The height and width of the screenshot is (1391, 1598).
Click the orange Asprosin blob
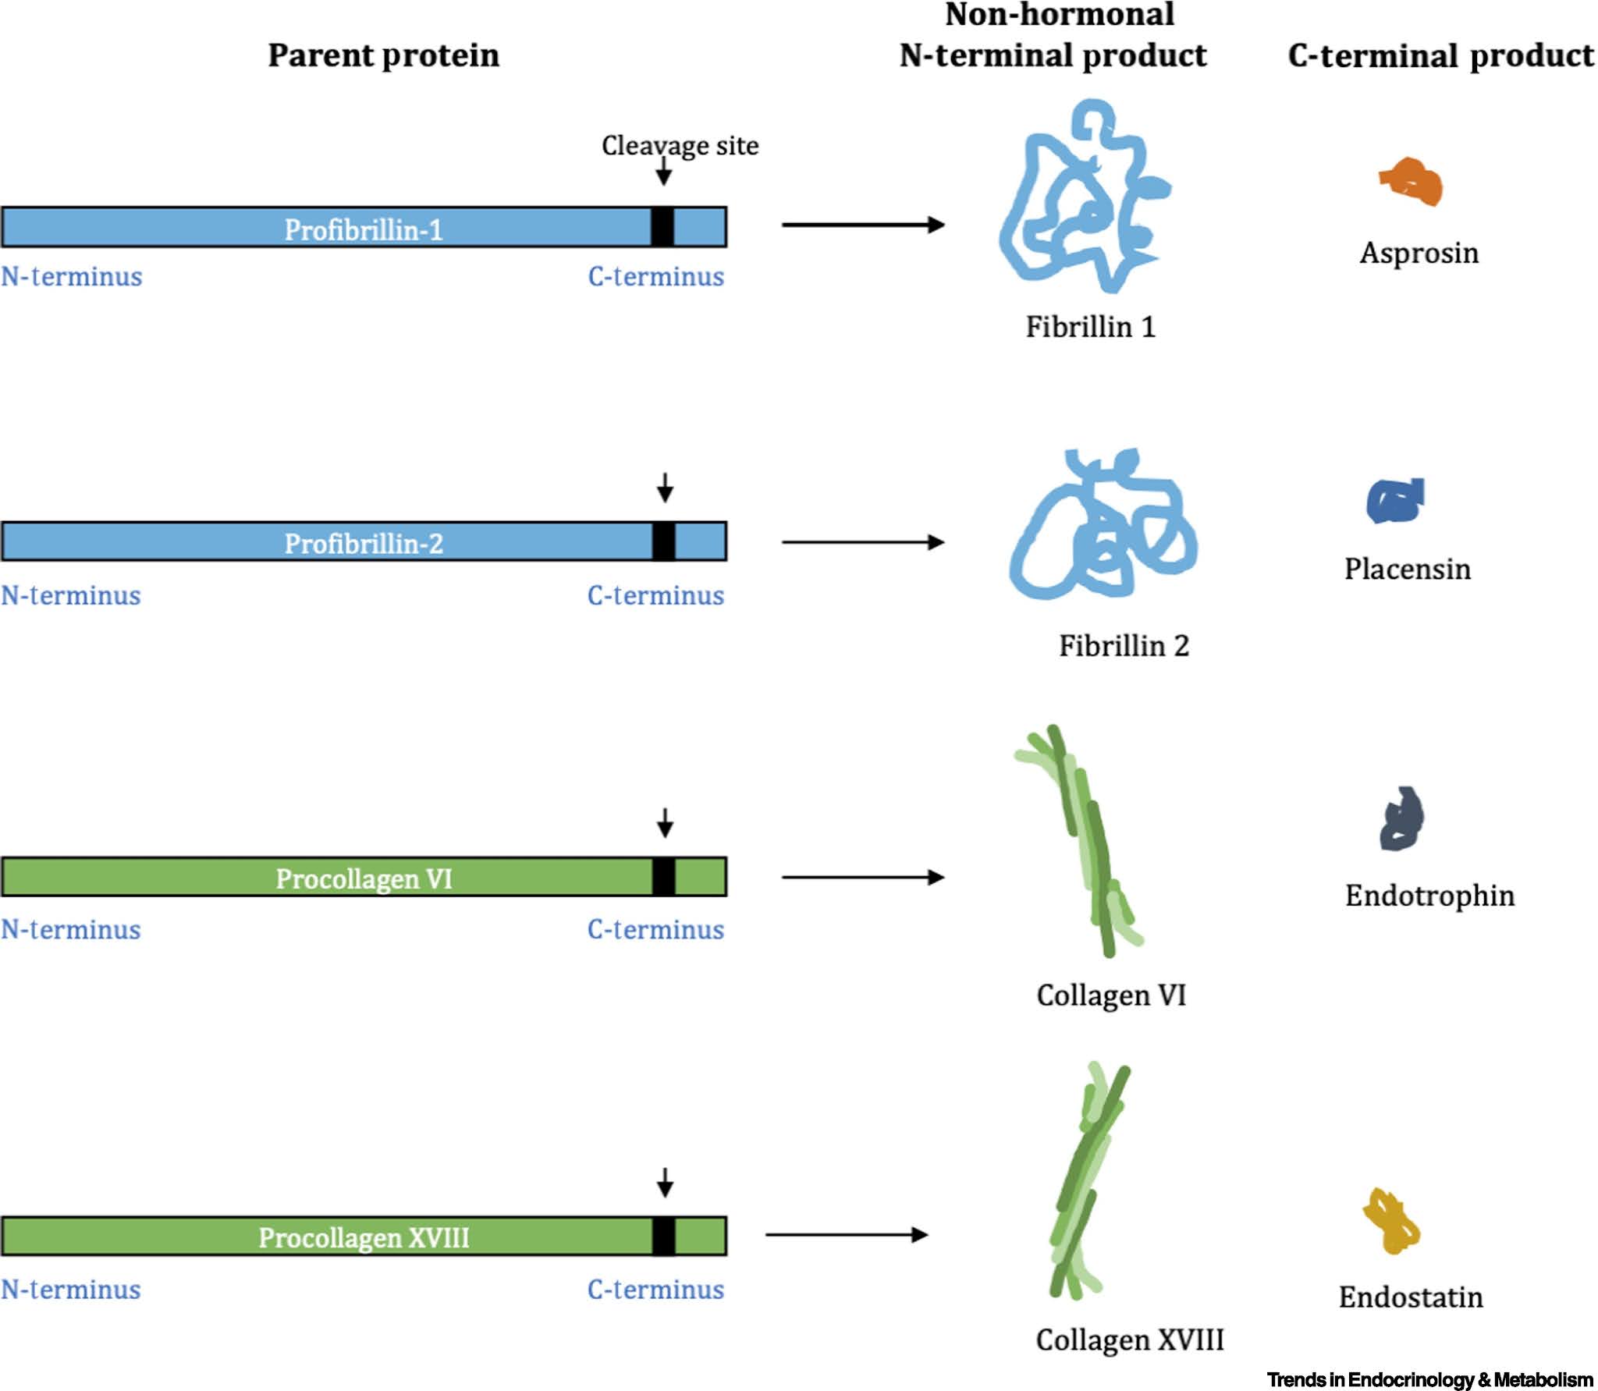tap(1412, 182)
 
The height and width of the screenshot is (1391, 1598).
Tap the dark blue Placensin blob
tap(1395, 501)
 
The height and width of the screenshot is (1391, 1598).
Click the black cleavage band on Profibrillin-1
tap(662, 227)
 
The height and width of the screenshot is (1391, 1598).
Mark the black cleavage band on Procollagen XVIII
tap(663, 1237)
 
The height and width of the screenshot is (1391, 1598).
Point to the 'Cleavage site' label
tap(680, 145)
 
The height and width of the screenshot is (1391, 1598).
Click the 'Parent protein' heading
tap(383, 55)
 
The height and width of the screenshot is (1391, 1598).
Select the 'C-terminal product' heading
tap(1440, 55)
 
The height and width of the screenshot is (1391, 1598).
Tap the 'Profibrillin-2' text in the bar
tap(364, 543)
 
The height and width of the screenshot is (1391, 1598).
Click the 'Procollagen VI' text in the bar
tap(364, 878)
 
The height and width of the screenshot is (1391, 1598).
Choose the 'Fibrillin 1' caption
tap(1090, 326)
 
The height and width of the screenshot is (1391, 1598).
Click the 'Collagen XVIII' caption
tap(1129, 1340)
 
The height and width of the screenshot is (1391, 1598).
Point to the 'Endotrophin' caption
tap(1429, 895)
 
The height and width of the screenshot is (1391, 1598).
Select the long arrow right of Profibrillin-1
tap(863, 225)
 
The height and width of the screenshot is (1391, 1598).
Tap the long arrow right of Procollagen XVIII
tap(847, 1234)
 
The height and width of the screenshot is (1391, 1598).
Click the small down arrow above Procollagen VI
tap(665, 822)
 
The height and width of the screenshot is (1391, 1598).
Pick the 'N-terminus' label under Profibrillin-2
tap(71, 595)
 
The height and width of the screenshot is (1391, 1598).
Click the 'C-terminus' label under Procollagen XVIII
tap(655, 1290)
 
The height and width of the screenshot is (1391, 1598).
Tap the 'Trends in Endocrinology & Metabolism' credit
tap(1429, 1379)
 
